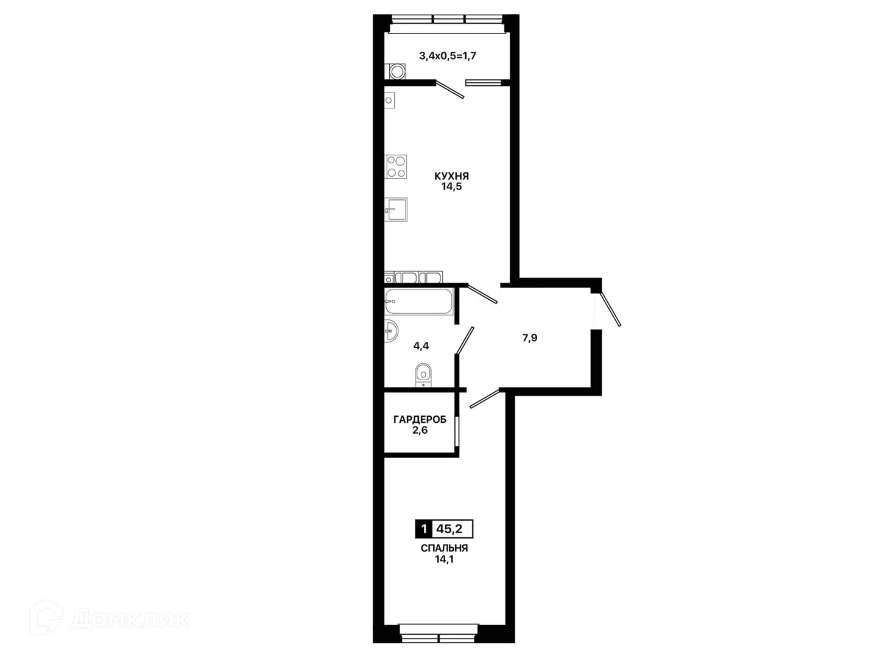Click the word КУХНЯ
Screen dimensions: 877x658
point(451,176)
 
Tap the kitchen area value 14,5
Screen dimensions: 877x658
point(451,186)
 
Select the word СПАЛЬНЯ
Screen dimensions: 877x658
point(444,548)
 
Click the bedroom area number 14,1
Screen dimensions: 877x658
point(444,559)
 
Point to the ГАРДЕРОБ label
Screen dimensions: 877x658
point(420,420)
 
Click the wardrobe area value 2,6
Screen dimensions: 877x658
point(420,430)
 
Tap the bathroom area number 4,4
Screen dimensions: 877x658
point(421,346)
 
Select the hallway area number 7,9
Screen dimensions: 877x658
point(530,338)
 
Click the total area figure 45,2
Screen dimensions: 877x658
point(449,529)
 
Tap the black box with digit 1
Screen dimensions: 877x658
point(423,529)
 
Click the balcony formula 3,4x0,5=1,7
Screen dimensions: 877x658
point(448,55)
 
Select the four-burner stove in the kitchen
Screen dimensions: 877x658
point(396,166)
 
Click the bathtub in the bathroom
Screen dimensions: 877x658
point(419,302)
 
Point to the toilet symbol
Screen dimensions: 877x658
point(423,375)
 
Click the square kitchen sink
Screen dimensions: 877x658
point(396,210)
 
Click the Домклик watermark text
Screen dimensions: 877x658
point(130,620)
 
